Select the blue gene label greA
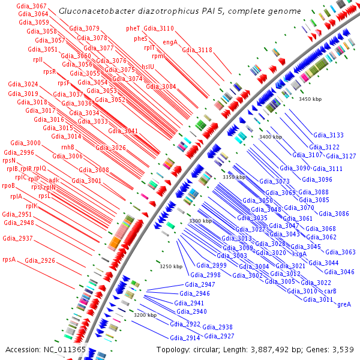(344, 305)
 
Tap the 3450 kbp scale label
(311, 99)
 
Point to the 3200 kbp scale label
(145, 315)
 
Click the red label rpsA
(9, 260)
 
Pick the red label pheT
(133, 28)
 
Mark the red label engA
(170, 43)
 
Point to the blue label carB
(330, 291)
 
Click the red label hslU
(148, 67)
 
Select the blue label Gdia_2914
(185, 338)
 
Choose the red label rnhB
(68, 147)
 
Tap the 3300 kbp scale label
(200, 221)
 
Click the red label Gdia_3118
(197, 50)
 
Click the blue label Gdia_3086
(334, 214)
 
